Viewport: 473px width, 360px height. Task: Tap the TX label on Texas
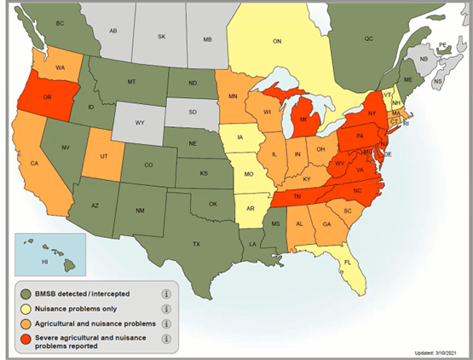(x=195, y=243)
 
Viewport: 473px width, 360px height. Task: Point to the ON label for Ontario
(x=277, y=40)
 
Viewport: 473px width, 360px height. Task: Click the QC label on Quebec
(x=369, y=38)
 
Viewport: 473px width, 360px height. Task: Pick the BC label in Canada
(x=60, y=25)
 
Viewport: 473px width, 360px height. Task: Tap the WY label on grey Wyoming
(x=139, y=123)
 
